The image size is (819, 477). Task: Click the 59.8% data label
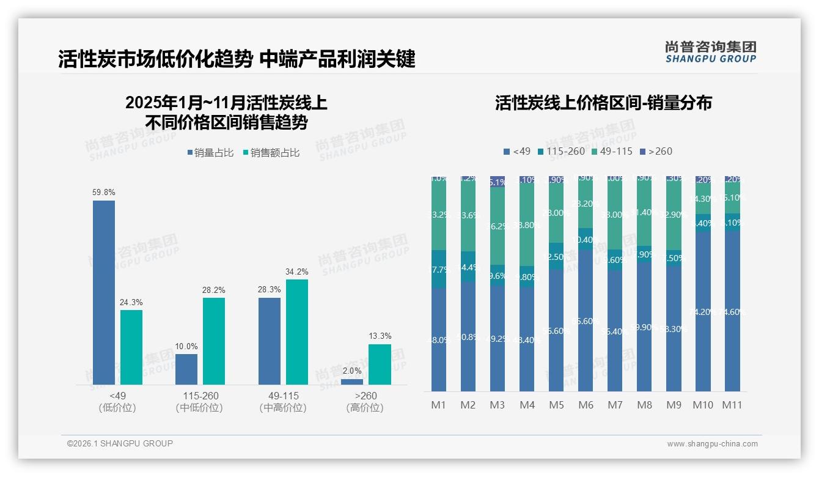click(x=104, y=192)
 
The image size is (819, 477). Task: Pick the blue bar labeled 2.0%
click(x=351, y=382)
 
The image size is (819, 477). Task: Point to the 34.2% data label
click(x=297, y=272)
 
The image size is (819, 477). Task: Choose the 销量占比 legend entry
click(x=210, y=153)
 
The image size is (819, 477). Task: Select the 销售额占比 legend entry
click(x=271, y=153)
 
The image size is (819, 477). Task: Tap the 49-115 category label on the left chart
click(x=283, y=401)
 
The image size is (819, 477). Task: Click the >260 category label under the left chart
click(x=365, y=401)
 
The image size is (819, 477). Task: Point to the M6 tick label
click(x=586, y=405)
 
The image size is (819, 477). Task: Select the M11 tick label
click(x=732, y=405)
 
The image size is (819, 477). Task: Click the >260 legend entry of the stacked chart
click(x=656, y=151)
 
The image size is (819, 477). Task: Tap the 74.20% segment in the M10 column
click(x=703, y=311)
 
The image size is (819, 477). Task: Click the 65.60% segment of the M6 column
click(x=586, y=320)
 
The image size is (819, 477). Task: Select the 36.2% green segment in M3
click(x=498, y=226)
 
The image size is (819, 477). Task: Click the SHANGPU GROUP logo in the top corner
click(x=710, y=51)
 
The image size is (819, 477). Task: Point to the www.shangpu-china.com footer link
click(x=712, y=444)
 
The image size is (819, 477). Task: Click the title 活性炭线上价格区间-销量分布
click(x=603, y=103)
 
